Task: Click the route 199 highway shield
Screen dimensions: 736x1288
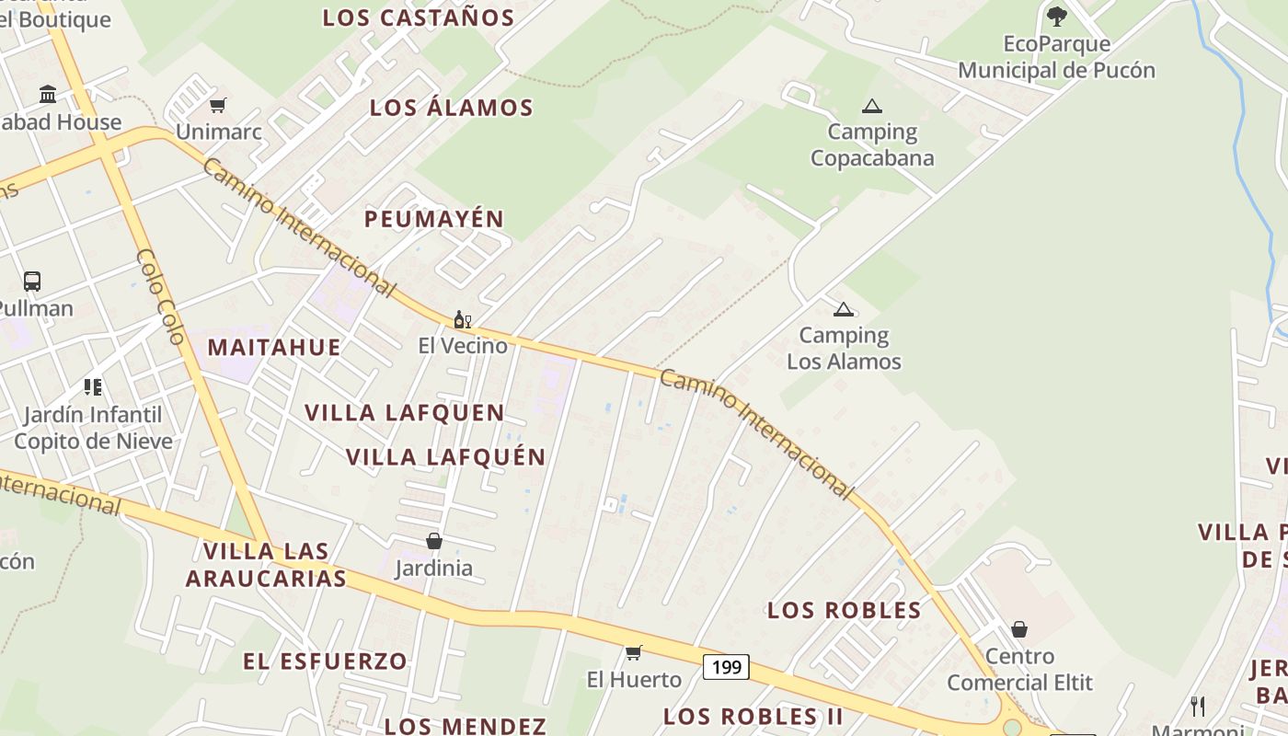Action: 726,667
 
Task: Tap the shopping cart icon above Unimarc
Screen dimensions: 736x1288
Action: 217,105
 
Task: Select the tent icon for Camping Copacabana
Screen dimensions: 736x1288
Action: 871,106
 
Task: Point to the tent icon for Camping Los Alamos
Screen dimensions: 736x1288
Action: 843,309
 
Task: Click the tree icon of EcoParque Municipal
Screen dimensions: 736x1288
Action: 1056,16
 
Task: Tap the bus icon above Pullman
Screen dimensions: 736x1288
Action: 32,282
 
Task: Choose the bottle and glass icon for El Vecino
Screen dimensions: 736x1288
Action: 462,319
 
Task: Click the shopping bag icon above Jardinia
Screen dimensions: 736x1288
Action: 433,541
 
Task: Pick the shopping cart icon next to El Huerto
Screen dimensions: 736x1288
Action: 633,653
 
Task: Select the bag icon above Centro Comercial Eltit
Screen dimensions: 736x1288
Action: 1018,629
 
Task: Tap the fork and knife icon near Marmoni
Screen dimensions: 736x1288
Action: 1197,706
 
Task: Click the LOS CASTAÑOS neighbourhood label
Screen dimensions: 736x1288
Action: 419,17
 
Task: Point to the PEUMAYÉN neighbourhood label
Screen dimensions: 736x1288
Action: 434,219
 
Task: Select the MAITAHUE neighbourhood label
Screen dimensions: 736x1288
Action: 274,348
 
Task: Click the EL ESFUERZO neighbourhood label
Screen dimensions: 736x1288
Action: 325,661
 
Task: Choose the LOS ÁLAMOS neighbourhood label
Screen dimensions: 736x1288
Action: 451,108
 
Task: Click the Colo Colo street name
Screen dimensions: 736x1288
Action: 161,295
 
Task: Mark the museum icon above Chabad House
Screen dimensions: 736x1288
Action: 48,94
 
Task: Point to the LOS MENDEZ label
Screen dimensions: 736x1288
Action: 466,726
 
